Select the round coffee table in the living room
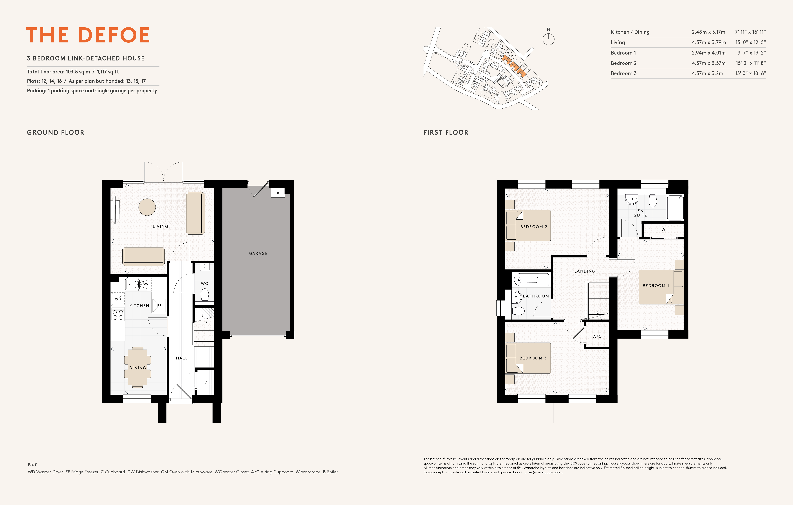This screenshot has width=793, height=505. (147, 207)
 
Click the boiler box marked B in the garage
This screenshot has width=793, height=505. (278, 193)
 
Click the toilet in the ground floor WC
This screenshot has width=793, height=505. (204, 295)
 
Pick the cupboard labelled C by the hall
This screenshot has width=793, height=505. (206, 383)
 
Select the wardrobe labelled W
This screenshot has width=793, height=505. (663, 230)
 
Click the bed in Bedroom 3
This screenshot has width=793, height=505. (528, 358)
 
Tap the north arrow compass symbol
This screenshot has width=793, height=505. (548, 39)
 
